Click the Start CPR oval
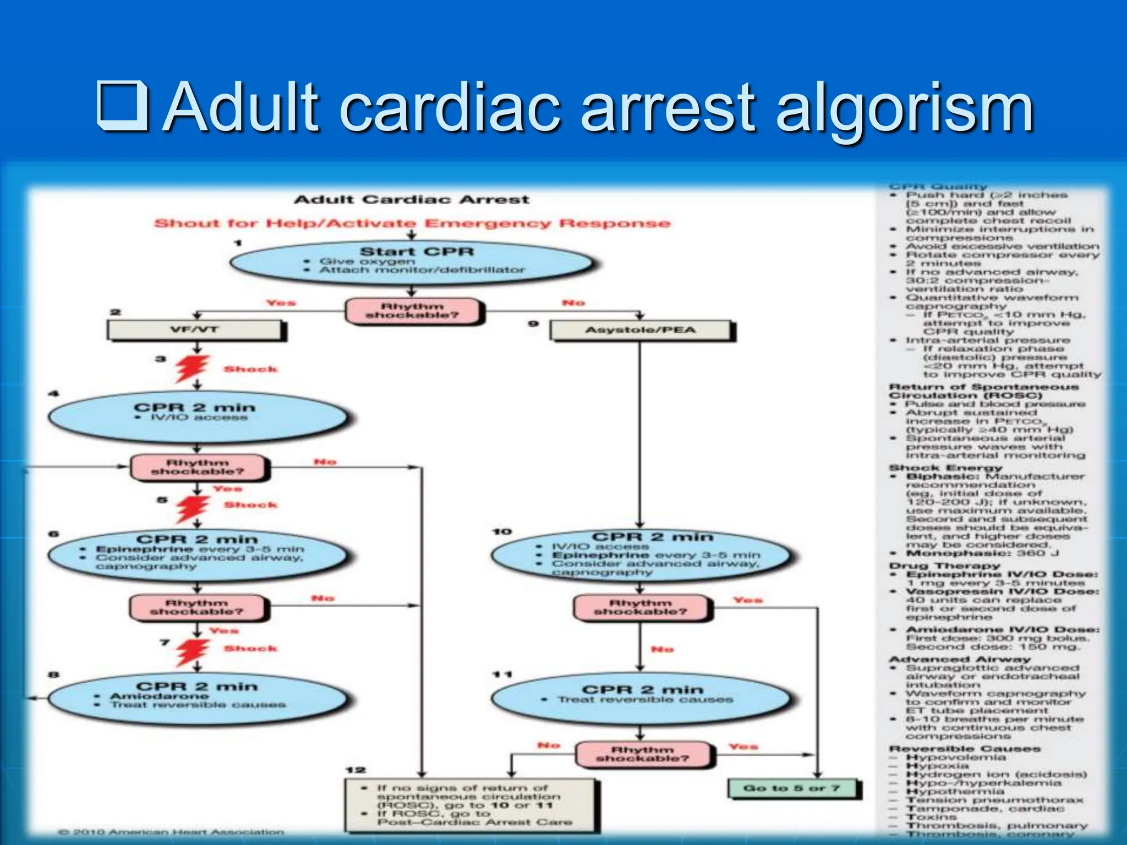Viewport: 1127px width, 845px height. pos(413,262)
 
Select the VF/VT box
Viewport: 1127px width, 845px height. pos(195,330)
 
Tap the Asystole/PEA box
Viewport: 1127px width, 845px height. pos(641,330)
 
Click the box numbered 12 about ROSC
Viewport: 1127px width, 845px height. pos(470,804)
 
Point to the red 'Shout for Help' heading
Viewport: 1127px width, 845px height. pos(412,223)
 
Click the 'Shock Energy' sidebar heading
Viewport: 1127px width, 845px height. pos(945,468)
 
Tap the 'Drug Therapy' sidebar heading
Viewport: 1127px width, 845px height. pos(944,566)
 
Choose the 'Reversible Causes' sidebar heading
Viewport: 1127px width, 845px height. pos(964,749)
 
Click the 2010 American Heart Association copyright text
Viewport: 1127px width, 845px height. pos(171,832)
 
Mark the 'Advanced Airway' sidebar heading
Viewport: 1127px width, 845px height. pos(960,659)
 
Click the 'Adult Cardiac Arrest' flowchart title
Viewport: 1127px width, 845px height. pos(412,200)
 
